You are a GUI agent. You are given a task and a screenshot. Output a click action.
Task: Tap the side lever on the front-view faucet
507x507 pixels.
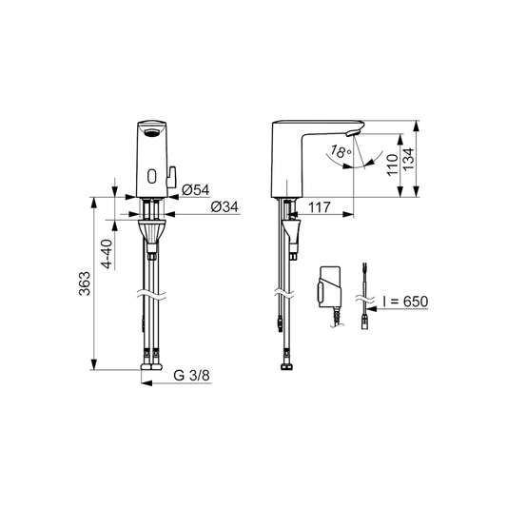[x=173, y=174]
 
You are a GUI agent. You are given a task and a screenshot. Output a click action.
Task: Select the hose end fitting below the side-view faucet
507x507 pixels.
[x=284, y=366]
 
